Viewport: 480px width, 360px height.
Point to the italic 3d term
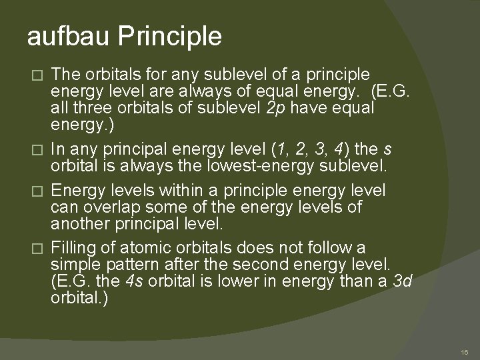pyautogui.click(x=402, y=281)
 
